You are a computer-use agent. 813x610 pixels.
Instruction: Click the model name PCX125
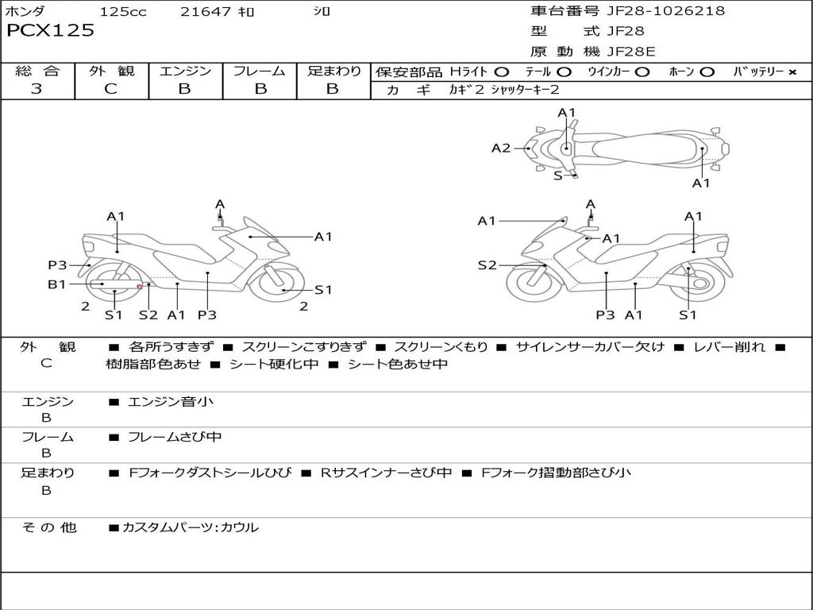(x=50, y=31)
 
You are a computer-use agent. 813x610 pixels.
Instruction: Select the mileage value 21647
(x=205, y=12)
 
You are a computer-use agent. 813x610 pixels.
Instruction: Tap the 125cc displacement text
(x=123, y=12)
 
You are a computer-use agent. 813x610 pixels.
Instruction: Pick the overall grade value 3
(x=37, y=89)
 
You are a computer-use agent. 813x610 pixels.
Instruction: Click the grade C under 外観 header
(x=110, y=89)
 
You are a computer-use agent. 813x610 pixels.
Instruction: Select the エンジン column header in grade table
(x=185, y=71)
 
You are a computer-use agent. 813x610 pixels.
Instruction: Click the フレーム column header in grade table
(x=260, y=71)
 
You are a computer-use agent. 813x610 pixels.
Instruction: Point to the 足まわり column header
(x=333, y=71)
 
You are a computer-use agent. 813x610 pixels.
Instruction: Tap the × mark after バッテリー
(x=792, y=72)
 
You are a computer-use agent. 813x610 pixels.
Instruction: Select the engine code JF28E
(x=631, y=52)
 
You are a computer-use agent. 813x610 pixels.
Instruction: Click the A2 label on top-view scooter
(x=501, y=148)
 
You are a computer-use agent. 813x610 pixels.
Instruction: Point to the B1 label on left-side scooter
(x=56, y=284)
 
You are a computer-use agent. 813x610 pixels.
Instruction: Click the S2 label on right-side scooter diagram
(x=487, y=265)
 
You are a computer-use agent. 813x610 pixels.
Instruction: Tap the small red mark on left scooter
(x=140, y=287)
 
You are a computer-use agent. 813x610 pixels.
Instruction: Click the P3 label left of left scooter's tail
(x=57, y=265)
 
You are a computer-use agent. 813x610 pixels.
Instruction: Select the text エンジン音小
(x=171, y=402)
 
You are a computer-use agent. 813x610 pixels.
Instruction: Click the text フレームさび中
(x=175, y=437)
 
